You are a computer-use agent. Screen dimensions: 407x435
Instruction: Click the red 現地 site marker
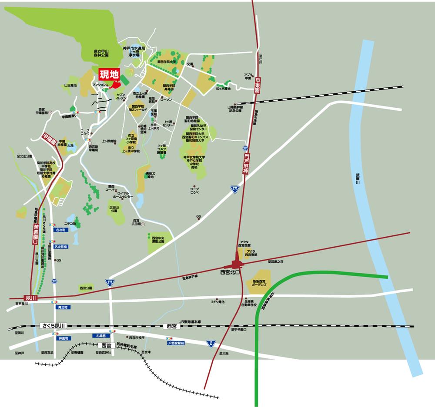coord(109,74)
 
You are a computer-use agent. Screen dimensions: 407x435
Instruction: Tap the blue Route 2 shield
coord(211,343)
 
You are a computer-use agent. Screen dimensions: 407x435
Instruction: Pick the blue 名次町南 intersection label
coord(60,246)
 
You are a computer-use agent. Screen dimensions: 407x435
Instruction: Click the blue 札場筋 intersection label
coord(98,336)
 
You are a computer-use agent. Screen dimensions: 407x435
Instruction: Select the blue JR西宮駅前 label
coord(176,343)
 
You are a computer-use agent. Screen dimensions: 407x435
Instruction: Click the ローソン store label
coord(166,99)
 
